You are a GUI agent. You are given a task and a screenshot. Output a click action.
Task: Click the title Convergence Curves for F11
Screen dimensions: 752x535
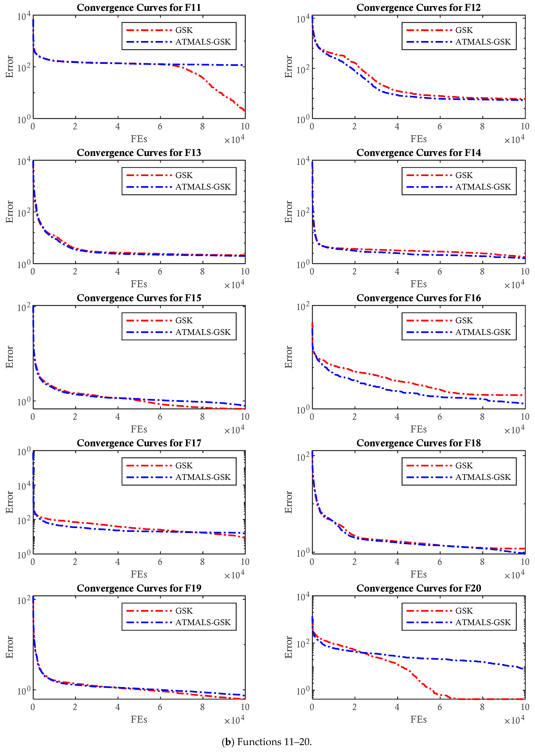(139, 8)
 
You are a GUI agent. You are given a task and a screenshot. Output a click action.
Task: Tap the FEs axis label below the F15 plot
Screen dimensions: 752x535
(139, 429)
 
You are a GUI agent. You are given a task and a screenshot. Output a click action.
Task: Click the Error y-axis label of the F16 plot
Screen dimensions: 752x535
(289, 357)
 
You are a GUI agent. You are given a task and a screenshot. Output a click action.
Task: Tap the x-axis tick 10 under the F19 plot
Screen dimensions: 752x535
(245, 707)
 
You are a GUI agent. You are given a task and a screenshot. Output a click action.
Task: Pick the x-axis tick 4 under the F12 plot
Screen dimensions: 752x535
(397, 126)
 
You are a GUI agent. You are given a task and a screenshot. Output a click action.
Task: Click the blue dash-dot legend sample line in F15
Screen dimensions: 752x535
(149, 332)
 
